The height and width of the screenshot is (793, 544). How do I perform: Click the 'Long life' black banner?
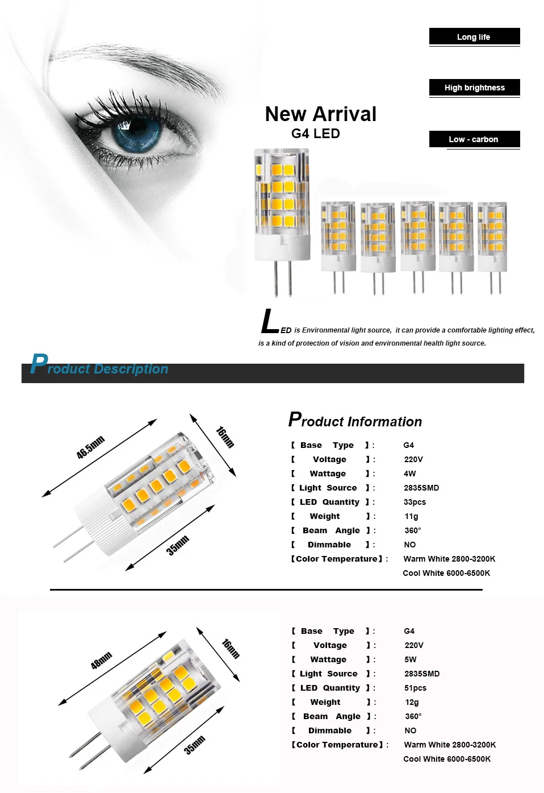pyautogui.click(x=474, y=37)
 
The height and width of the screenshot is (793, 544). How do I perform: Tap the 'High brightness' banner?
pyautogui.click(x=474, y=88)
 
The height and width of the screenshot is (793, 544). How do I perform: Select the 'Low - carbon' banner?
pyautogui.click(x=474, y=139)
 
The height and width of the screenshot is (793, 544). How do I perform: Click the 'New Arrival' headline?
pyautogui.click(x=320, y=114)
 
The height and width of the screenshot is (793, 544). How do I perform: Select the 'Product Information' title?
pyautogui.click(x=355, y=421)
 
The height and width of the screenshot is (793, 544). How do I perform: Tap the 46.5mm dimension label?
pyautogui.click(x=91, y=447)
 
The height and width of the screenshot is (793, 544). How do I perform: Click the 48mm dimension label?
pyautogui.click(x=102, y=661)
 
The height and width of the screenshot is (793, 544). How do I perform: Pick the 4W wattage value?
pyautogui.click(x=410, y=474)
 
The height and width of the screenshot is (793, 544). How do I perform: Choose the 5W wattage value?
pyautogui.click(x=411, y=659)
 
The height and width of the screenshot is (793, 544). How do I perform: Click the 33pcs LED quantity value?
pyautogui.click(x=415, y=502)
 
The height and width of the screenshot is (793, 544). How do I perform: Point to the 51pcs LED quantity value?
pyautogui.click(x=415, y=688)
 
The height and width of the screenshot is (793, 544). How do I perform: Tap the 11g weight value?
pyautogui.click(x=411, y=516)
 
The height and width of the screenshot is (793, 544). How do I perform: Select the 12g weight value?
pyautogui.click(x=412, y=702)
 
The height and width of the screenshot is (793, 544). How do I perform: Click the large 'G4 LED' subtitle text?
pyautogui.click(x=316, y=134)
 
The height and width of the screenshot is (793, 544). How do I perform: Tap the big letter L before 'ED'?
pyautogui.click(x=270, y=322)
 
